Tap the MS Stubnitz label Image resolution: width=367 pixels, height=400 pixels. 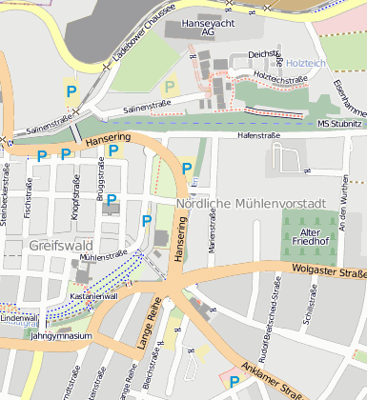pyautogui.click(x=339, y=124)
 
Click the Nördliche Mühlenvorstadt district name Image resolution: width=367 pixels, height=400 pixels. pyautogui.click(x=252, y=204)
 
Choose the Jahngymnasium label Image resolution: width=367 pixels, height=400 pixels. pyautogui.click(x=61, y=336)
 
